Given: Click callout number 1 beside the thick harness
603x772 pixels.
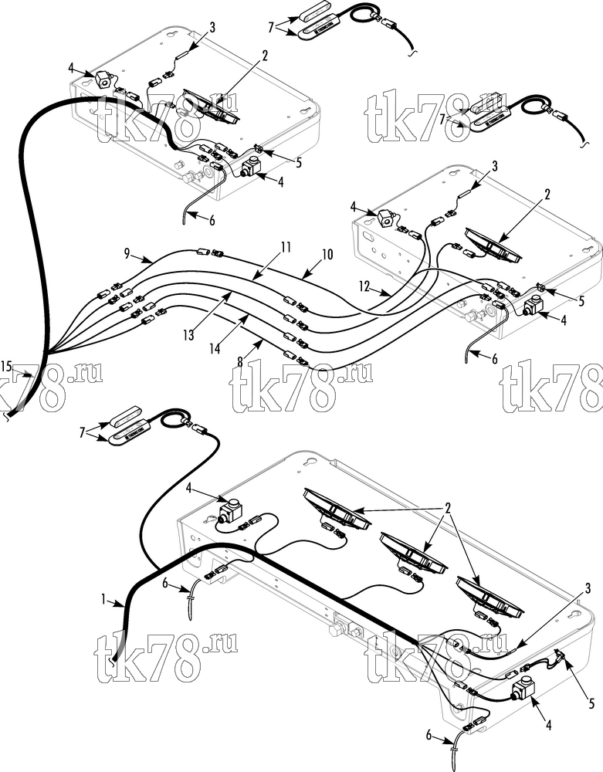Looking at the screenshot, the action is pos(103,599).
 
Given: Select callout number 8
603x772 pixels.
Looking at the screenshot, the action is pos(240,362).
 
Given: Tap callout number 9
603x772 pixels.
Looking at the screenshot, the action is pos(127,254).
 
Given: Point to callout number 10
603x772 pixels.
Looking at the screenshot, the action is pos(327,254).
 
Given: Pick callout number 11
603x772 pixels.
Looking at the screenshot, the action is pos(286,247).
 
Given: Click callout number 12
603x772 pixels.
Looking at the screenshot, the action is pos(364,286).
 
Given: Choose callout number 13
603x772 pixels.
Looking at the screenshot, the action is pos(189,335).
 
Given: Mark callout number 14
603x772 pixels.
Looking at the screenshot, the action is pos(215,349).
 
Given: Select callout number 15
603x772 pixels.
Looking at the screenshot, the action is pos(6,366).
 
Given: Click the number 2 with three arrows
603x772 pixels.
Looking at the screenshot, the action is pos(448,509).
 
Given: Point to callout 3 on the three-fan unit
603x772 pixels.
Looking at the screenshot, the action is pos(588,587).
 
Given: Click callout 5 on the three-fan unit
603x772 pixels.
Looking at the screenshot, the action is pos(591,704).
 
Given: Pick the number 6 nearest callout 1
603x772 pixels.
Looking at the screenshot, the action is pos(166,583).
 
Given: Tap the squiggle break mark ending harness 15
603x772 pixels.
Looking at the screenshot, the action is pos(7,417).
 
